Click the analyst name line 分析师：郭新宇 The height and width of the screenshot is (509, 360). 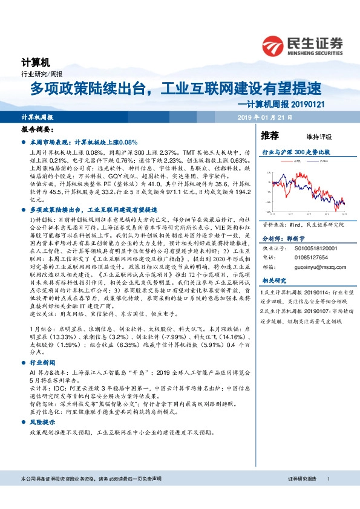point(281,238)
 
